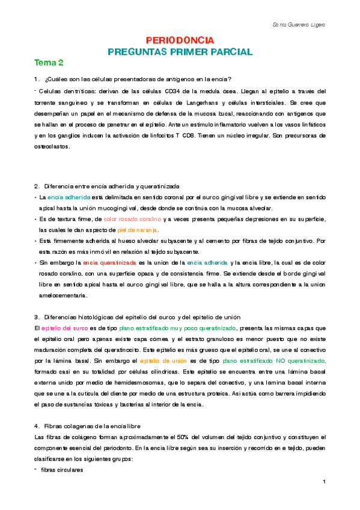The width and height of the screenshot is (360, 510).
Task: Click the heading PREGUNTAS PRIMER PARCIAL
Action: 180,52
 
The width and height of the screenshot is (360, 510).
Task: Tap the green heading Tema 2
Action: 49,63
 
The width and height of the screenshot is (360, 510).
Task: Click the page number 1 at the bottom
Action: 324,481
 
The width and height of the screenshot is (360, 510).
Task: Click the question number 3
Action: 37,317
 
